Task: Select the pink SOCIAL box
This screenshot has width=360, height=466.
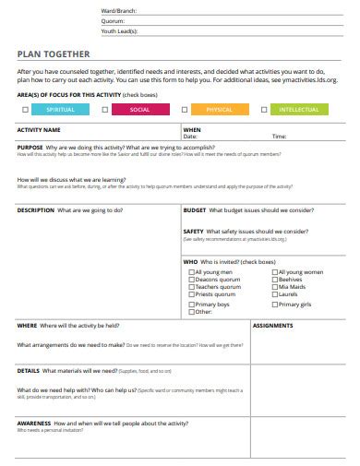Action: click(140, 110)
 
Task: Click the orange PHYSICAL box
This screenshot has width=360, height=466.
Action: click(220, 110)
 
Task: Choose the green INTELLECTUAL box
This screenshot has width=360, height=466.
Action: click(300, 110)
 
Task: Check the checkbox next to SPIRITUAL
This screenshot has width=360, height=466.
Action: click(25, 110)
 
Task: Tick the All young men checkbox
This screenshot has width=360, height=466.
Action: click(191, 272)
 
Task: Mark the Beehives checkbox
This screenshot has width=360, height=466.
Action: click(274, 280)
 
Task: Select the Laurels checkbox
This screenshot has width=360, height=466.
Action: click(274, 294)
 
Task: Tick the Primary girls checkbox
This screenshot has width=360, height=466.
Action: click(274, 304)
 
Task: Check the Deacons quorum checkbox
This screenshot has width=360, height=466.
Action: click(191, 280)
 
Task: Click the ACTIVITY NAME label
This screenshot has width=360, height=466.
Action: click(40, 130)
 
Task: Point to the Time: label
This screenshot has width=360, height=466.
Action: click(279, 137)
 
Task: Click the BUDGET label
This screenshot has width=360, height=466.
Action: click(195, 209)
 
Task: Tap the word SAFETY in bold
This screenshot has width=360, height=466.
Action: click(194, 232)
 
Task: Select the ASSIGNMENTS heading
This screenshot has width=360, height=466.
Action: click(273, 326)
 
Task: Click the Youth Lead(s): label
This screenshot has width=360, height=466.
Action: click(121, 30)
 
